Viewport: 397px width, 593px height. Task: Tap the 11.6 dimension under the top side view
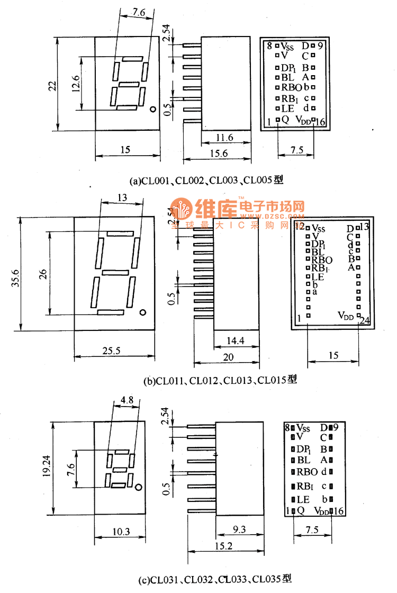tap(225, 138)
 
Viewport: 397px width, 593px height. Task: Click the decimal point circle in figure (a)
tap(152, 110)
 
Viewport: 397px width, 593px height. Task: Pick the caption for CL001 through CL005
tap(207, 181)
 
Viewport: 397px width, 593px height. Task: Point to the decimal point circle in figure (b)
tap(143, 312)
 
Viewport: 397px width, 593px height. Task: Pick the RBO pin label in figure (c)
tap(307, 472)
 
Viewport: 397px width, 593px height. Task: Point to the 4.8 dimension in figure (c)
tap(127, 401)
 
